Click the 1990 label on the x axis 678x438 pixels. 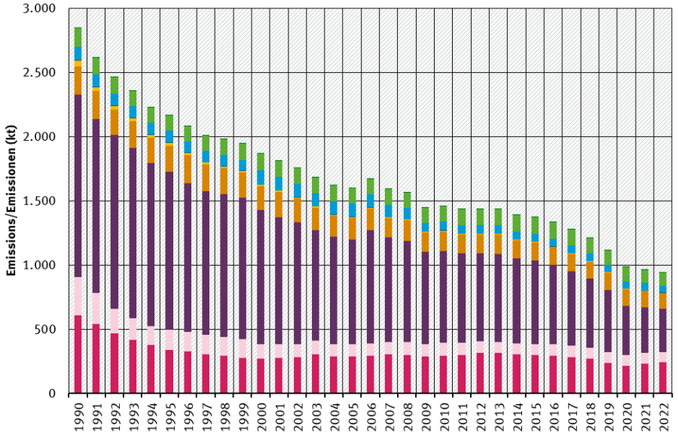(x=78, y=415)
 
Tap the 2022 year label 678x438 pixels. (x=663, y=415)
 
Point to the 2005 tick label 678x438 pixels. (x=352, y=415)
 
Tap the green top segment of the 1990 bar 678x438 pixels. (x=78, y=37)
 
